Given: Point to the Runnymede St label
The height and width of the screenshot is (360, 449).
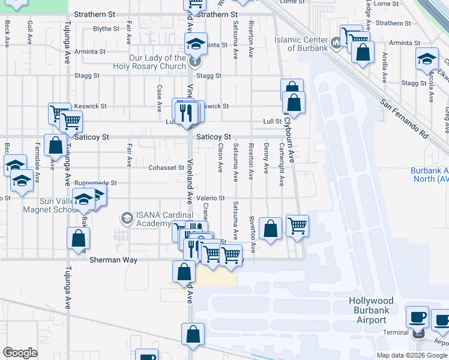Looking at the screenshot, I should pyautogui.click(x=95, y=182).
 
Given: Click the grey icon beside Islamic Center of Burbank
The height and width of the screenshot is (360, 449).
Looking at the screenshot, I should pyautogui.click(x=336, y=43).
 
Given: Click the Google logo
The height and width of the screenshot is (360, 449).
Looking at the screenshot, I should pyautogui.click(x=20, y=353).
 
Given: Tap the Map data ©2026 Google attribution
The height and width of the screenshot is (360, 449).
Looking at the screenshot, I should pyautogui.click(x=412, y=355).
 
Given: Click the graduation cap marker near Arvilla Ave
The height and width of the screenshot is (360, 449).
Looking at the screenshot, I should pyautogui.click(x=426, y=60).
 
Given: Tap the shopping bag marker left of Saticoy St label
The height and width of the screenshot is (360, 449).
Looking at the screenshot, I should pyautogui.click(x=56, y=146).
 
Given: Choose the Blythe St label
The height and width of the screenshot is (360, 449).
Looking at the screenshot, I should pyautogui.click(x=106, y=29).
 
